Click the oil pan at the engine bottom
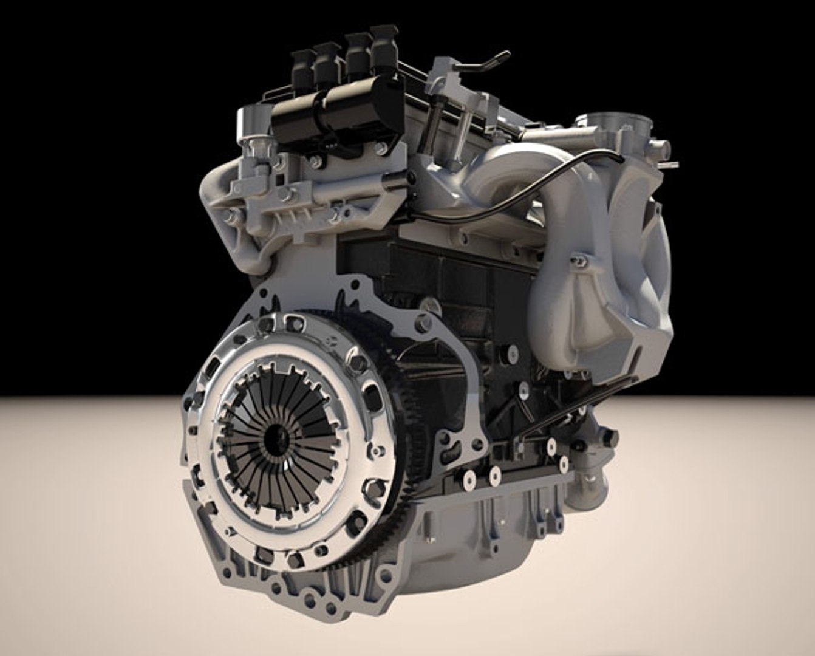474,528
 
